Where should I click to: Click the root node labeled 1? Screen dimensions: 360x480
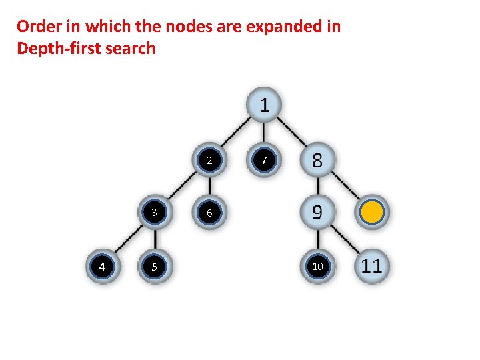[264, 105]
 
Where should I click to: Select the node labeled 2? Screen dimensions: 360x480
[209, 161]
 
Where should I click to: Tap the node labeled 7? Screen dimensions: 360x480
[264, 161]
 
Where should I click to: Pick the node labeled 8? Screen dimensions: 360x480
[317, 160]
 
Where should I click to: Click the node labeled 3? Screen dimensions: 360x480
[154, 213]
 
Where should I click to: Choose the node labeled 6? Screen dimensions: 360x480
[209, 213]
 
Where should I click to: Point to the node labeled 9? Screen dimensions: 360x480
[317, 213]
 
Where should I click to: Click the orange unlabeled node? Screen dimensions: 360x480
[371, 213]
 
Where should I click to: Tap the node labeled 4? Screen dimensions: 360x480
[101, 267]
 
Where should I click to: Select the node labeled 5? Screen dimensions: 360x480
[154, 267]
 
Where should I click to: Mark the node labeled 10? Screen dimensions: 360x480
[317, 267]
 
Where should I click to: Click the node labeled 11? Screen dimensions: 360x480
[371, 266]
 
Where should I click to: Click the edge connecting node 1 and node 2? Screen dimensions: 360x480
[237, 133]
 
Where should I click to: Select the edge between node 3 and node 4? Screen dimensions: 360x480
[127, 240]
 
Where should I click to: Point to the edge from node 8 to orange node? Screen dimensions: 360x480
[345, 187]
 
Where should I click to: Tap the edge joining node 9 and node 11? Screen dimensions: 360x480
[345, 240]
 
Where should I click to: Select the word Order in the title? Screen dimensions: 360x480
[37, 27]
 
